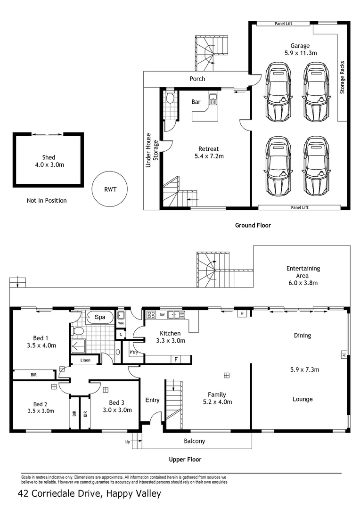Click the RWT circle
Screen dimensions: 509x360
point(110,189)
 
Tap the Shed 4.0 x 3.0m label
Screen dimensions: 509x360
point(49,161)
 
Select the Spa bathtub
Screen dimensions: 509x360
point(100,317)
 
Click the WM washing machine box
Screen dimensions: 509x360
point(121,323)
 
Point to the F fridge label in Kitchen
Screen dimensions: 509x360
point(176,360)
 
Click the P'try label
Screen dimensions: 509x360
point(133,353)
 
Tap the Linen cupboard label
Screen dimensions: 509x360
point(85,360)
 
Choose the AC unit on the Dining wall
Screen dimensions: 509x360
point(344,354)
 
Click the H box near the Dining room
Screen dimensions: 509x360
point(242,313)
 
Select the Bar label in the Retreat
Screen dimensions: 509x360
point(196,102)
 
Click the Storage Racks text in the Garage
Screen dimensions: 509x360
point(343,77)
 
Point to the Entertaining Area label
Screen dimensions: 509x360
point(303,276)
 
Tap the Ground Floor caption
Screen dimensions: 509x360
point(253,225)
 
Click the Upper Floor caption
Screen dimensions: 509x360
point(185,459)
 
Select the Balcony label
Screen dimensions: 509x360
point(194,441)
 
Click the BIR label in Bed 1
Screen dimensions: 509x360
point(33,375)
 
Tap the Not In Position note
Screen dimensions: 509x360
point(47,200)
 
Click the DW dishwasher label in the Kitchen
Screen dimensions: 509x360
point(162,314)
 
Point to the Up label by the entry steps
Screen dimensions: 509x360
point(127,442)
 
